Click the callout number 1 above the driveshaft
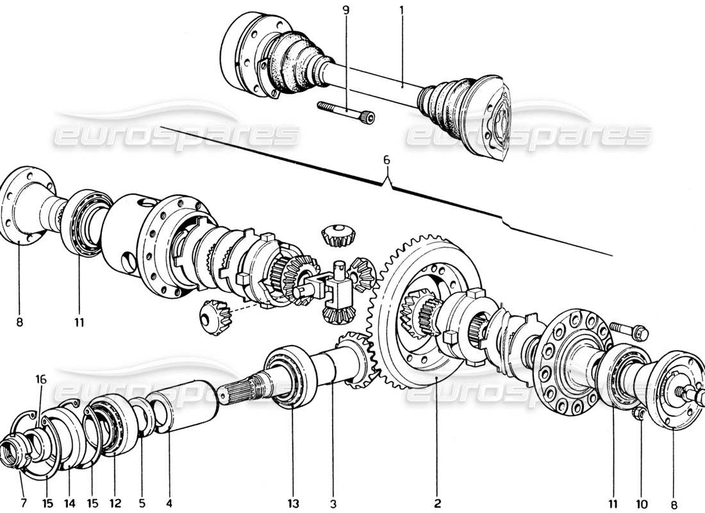click(x=402, y=11)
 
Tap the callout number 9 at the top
click(x=346, y=11)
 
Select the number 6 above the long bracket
click(x=386, y=161)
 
